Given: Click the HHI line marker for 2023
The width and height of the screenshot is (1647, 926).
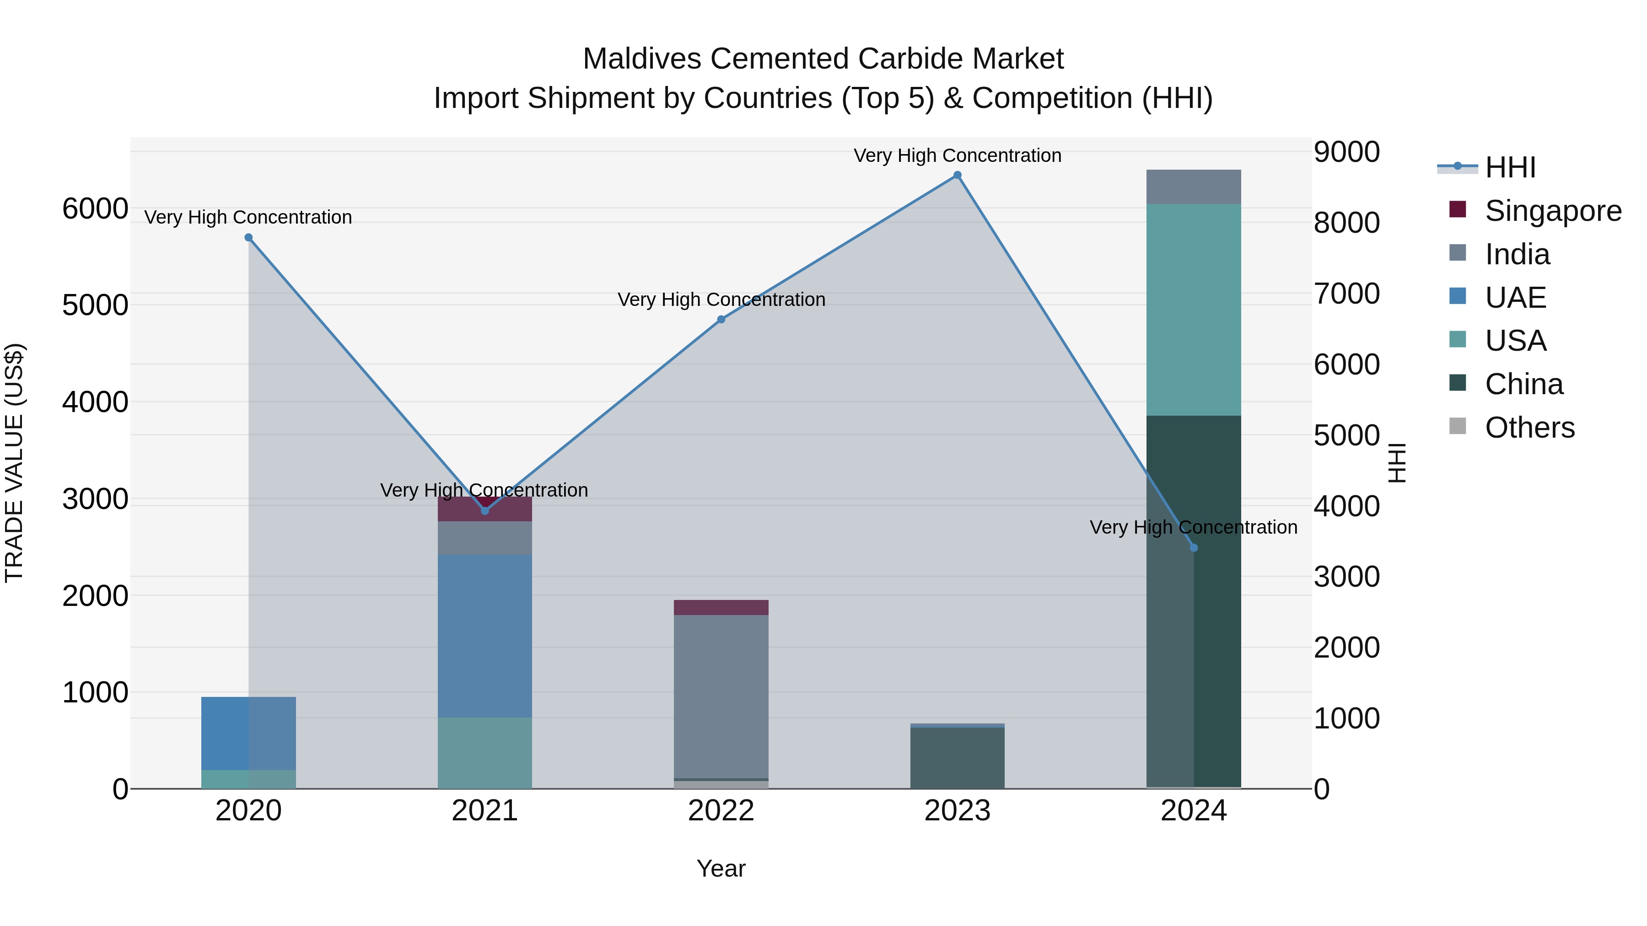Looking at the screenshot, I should (x=957, y=175).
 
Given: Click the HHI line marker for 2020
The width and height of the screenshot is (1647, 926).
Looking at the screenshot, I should (x=249, y=238).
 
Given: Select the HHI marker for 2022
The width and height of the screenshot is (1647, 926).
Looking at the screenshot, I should (x=721, y=320).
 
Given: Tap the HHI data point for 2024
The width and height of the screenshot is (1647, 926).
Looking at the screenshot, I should (x=1194, y=548).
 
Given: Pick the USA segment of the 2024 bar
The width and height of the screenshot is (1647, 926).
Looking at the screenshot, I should (x=1194, y=310).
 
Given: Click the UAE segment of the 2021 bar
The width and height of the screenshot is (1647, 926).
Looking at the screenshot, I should (x=484, y=636).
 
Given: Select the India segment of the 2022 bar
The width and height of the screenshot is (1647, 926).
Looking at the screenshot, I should (x=721, y=696).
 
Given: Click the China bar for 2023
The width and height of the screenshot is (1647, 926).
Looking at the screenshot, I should (x=957, y=758).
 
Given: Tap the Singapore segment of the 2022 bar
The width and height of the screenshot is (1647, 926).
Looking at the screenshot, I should (x=721, y=608).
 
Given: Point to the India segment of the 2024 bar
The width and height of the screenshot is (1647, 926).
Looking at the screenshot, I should (x=1194, y=187).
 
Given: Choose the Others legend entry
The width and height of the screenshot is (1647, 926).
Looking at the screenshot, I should (x=1529, y=428).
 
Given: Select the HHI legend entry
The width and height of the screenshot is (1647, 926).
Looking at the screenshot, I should (x=1510, y=167).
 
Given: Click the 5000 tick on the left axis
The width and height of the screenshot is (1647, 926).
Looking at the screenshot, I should (x=95, y=305).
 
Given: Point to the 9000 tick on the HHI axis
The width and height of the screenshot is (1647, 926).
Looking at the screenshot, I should (x=1346, y=152).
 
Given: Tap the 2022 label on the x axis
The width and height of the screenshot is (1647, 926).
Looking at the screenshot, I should (x=721, y=811).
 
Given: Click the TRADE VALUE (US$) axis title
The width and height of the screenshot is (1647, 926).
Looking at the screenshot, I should (x=14, y=463).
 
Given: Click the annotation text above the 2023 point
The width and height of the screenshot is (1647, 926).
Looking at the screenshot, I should (x=957, y=155).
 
